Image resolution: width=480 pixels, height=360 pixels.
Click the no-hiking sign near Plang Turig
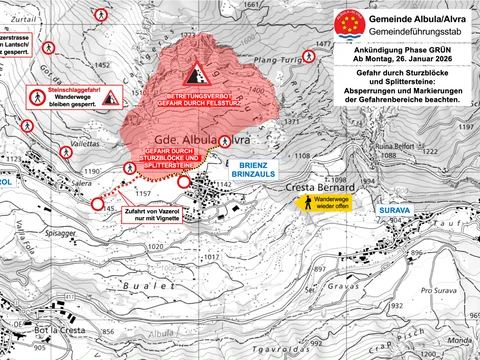click(312, 58)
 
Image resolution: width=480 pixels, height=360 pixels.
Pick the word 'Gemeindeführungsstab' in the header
click(409, 34)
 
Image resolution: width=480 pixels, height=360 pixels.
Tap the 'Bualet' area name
click(142, 286)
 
